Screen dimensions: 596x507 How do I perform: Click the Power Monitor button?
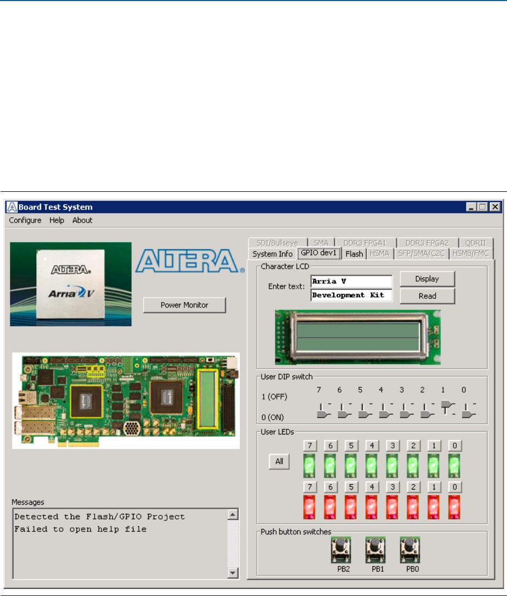click(184, 305)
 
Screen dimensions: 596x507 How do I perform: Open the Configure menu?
click(25, 220)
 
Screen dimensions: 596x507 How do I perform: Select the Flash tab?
click(354, 253)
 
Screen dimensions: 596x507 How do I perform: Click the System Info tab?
click(272, 253)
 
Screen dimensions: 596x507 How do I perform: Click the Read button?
click(427, 296)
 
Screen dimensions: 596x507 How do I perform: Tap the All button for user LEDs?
click(279, 461)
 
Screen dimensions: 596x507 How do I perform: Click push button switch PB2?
click(341, 550)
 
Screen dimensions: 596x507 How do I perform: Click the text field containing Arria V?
click(351, 282)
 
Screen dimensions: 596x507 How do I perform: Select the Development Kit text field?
click(351, 296)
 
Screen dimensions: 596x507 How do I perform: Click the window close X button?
click(493, 206)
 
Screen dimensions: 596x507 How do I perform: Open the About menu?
click(82, 220)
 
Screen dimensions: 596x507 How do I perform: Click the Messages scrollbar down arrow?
click(232, 573)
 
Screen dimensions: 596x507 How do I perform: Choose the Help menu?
click(57, 220)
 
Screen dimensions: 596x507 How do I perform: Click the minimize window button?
click(472, 206)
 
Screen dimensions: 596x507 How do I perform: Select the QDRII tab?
click(476, 243)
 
